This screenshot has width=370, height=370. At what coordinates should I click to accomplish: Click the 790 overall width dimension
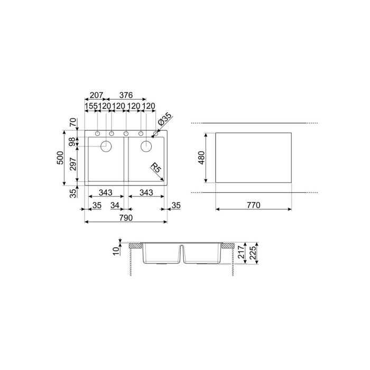125,217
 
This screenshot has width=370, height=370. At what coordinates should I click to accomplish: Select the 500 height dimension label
60,157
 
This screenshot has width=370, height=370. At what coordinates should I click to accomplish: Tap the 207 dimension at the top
96,95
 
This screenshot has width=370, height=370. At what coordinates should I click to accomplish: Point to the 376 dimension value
126,95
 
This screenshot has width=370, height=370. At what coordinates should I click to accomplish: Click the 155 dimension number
91,106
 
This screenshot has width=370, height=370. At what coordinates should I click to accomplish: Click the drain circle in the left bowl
106,145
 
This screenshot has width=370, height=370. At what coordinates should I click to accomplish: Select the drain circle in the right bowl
146,145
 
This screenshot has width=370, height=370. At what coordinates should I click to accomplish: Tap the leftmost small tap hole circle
98,133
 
